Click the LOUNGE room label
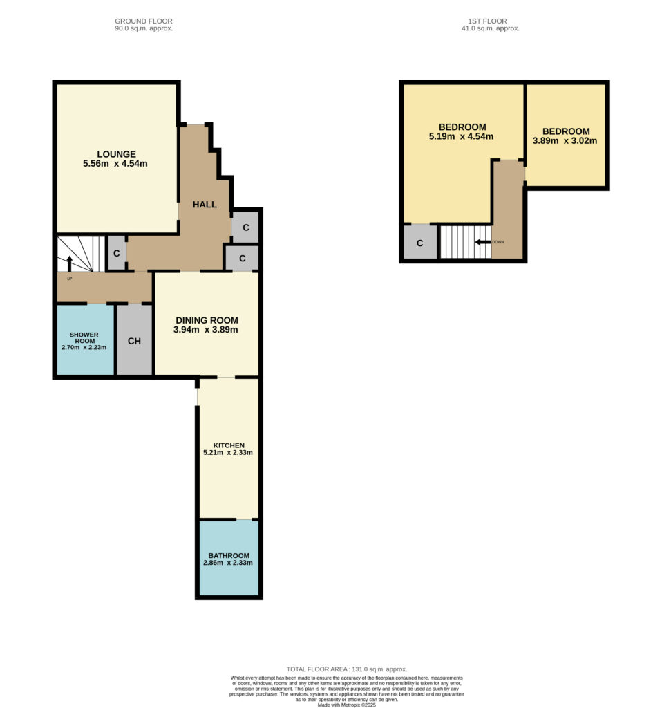(x=116, y=154)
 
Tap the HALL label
(x=205, y=205)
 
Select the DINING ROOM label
(x=207, y=320)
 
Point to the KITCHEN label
(x=229, y=445)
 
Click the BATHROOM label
(x=229, y=555)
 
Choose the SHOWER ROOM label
(x=84, y=337)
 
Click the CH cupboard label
(x=134, y=341)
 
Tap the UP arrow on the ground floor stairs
(x=70, y=263)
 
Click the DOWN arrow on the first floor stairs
(x=483, y=242)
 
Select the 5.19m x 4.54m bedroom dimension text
(x=461, y=136)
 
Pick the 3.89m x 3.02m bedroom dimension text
(x=565, y=141)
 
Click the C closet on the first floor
(x=419, y=243)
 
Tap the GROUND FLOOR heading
(x=144, y=21)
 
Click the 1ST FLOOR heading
(x=487, y=21)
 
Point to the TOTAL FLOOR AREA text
(x=347, y=669)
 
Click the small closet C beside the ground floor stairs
(x=116, y=253)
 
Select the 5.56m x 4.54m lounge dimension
(x=115, y=163)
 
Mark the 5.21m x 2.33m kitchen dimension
(x=228, y=452)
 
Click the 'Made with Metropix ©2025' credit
(x=347, y=705)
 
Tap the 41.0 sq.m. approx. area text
(x=490, y=28)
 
